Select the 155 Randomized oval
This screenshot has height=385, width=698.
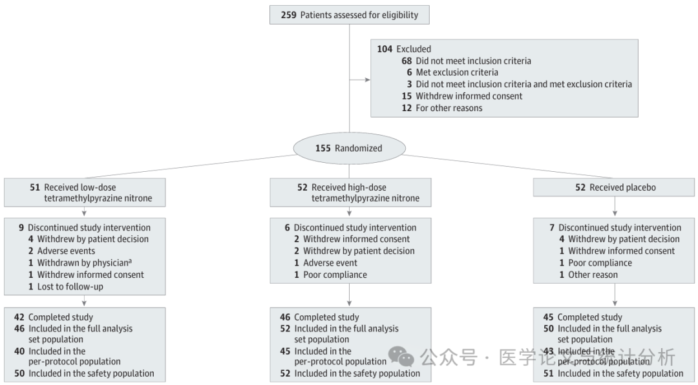pos(349,148)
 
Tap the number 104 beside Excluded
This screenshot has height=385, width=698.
pos(385,49)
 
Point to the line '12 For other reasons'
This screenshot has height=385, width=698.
pos(442,108)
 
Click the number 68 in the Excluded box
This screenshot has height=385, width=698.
pos(407,61)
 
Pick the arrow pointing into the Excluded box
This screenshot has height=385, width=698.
pos(366,80)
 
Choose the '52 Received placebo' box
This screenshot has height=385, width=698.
pos(614,187)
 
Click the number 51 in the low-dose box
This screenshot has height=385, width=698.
pos(35,187)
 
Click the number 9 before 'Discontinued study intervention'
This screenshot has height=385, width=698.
pos(21,227)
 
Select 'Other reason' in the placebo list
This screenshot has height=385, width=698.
pos(593,275)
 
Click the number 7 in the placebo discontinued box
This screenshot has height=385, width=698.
pos(553,227)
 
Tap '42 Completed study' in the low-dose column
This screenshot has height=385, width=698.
pos(54,317)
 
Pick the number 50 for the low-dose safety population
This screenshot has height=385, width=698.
pos(19,373)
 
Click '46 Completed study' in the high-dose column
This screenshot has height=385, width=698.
pos(319,317)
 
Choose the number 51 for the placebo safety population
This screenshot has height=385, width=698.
pos(549,373)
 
